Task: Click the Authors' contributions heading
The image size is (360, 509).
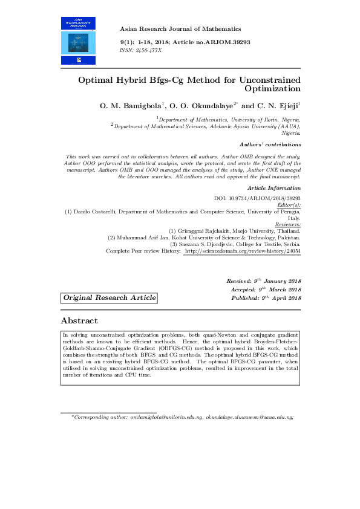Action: point(270,144)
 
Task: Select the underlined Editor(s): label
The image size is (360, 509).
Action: point(287,205)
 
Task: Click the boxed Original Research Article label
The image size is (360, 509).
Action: point(110,298)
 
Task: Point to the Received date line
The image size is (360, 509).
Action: point(263,281)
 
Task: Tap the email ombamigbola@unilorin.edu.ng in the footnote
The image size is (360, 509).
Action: point(166,417)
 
